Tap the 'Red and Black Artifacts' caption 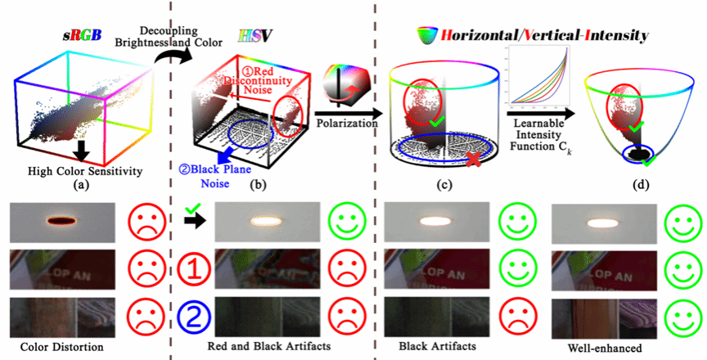(259, 347)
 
